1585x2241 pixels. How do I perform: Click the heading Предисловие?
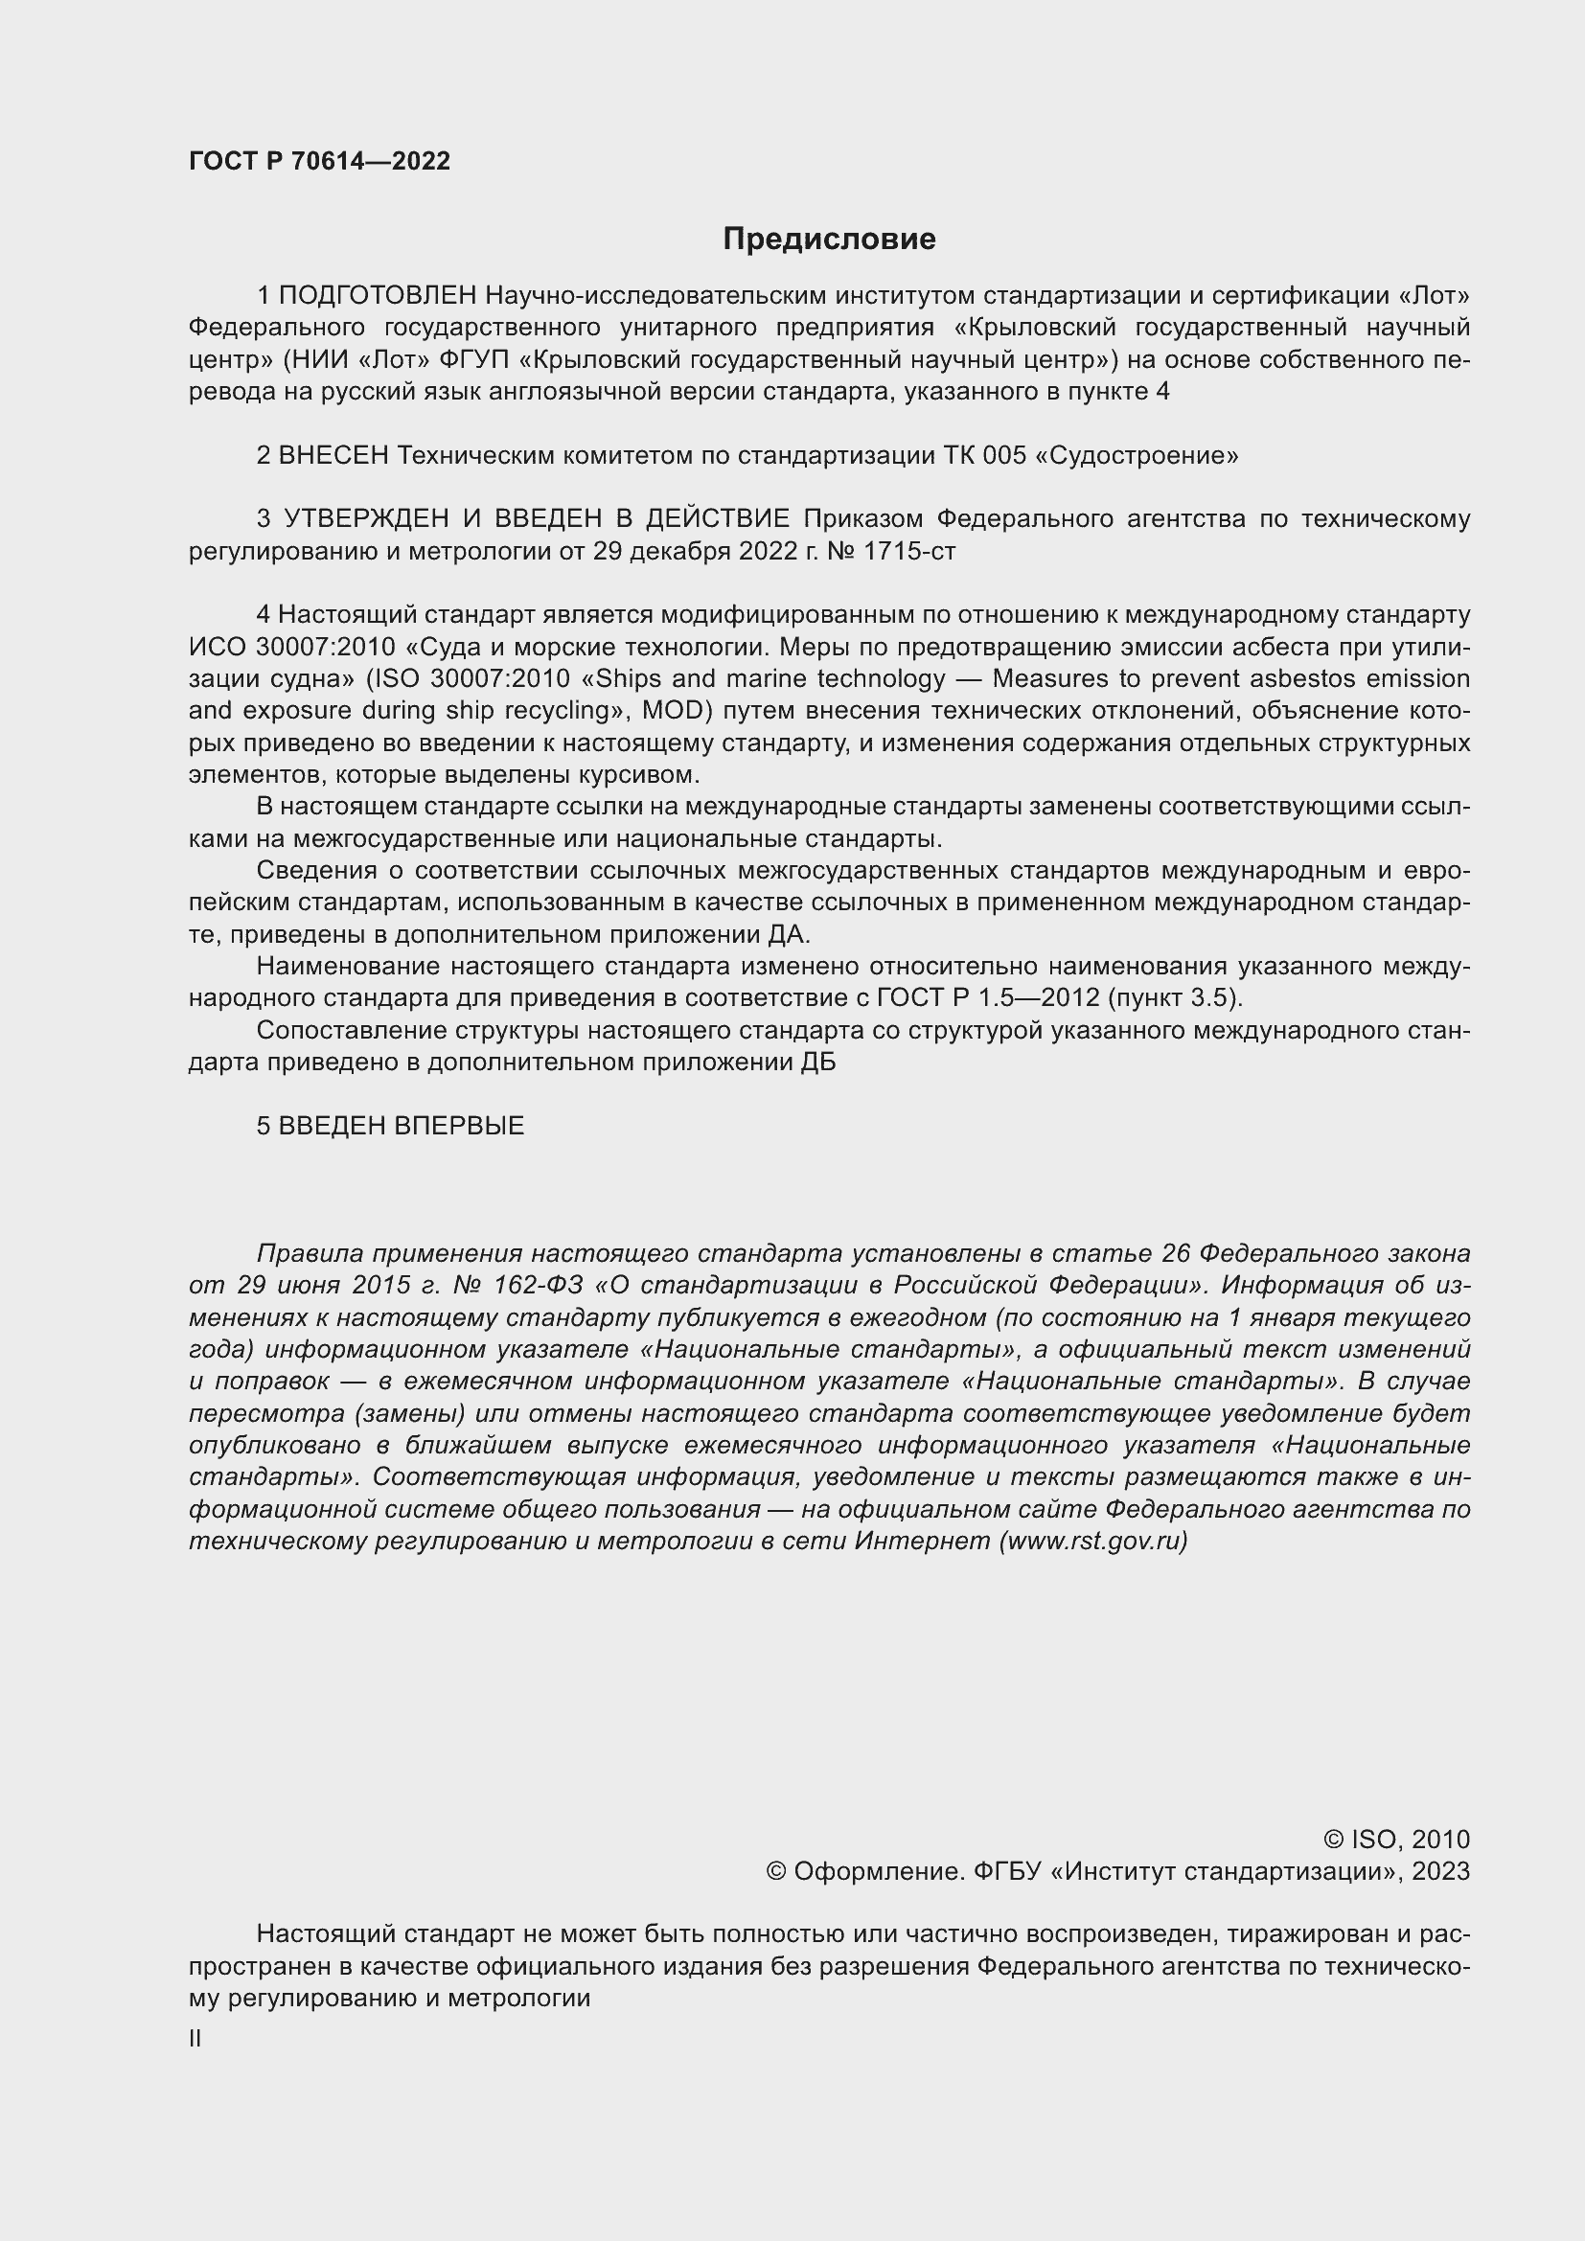[x=829, y=240]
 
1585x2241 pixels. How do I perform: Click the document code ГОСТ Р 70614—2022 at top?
[x=319, y=161]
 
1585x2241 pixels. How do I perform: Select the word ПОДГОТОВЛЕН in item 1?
[x=378, y=295]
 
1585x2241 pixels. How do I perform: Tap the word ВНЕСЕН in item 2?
[x=333, y=455]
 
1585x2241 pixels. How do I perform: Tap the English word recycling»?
[x=557, y=711]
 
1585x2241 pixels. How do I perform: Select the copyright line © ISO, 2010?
[x=1395, y=1839]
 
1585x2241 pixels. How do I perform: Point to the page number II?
[x=195, y=2031]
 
